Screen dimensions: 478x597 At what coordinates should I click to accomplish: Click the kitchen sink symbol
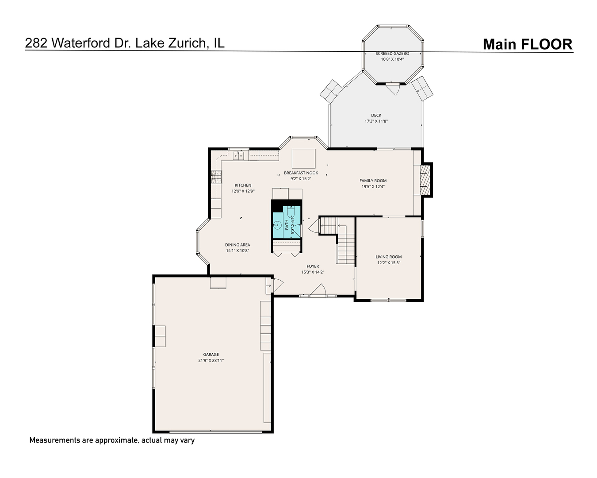pos(238,155)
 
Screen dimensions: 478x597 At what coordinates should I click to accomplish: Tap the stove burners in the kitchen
pos(216,177)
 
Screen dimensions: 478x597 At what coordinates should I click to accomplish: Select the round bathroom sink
pos(278,225)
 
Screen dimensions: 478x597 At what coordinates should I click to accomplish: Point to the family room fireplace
pos(424,179)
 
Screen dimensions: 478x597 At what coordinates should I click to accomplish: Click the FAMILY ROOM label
pos(373,181)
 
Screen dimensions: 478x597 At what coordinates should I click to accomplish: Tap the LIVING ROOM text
pos(389,257)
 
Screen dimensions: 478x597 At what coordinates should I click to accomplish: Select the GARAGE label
pos(211,355)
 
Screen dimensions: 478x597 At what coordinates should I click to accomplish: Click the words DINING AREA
pos(237,245)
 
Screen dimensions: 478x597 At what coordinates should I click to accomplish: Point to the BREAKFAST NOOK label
pos(301,173)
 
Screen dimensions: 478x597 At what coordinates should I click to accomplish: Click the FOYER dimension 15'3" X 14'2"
pos(313,272)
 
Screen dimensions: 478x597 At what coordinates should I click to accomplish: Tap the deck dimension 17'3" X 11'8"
pos(376,121)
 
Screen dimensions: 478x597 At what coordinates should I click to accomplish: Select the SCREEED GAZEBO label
pos(392,54)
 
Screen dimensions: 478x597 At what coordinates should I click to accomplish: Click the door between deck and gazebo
pos(393,89)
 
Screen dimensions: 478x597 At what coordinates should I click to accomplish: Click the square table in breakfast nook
pos(303,158)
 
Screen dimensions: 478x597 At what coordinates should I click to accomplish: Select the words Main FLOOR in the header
pos(527,44)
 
